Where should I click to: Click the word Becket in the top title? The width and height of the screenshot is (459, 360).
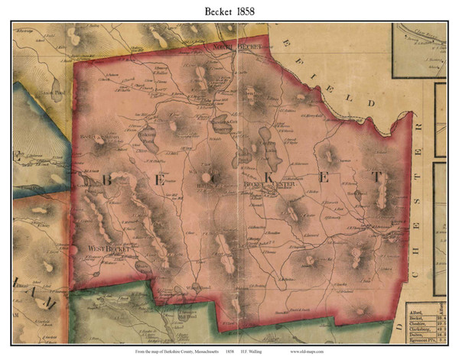(213, 11)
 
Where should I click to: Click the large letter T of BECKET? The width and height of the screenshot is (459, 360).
(376, 177)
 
